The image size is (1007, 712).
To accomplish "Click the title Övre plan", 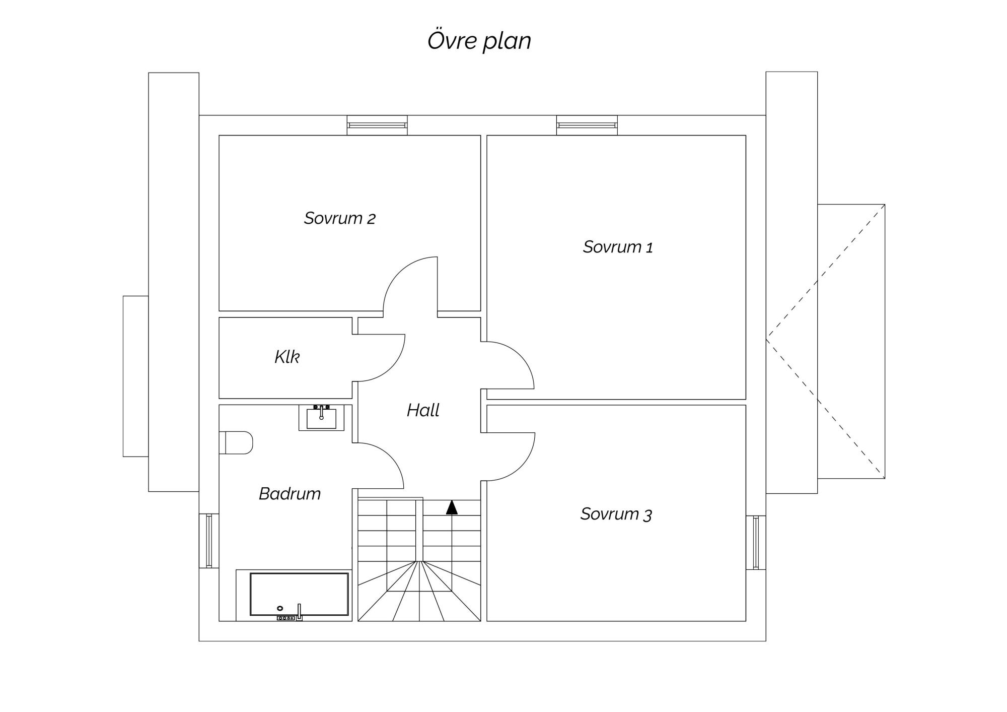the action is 479,41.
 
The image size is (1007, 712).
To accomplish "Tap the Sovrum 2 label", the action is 339,218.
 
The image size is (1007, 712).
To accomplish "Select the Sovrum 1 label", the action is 618,247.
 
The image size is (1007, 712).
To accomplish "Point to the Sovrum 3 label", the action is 616,514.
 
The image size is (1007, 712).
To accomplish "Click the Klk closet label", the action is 287,357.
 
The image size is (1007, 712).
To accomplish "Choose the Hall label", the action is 423,410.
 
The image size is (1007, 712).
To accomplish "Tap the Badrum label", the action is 290,493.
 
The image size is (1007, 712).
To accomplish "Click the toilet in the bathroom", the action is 236,442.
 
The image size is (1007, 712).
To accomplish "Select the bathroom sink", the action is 321,418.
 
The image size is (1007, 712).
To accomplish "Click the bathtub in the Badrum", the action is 299,595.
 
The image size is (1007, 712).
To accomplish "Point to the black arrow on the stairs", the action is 452,507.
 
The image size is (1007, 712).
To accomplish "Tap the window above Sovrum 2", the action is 377,125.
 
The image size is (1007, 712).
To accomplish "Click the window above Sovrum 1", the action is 587,125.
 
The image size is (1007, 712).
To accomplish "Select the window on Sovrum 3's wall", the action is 756,542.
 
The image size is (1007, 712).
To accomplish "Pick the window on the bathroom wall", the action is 209,540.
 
